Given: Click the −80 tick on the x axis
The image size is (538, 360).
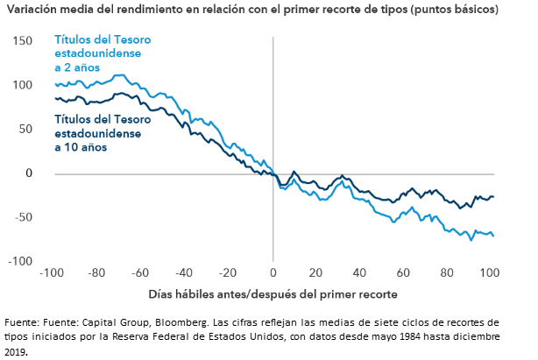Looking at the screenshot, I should coord(96,272).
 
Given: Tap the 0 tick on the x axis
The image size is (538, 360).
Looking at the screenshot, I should coord(273,272).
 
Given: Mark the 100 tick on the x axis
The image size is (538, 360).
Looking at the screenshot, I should coord(488,272).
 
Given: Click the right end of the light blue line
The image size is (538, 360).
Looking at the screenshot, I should coord(493,236).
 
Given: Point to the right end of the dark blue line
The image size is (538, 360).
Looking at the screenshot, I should coord(493,196).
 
